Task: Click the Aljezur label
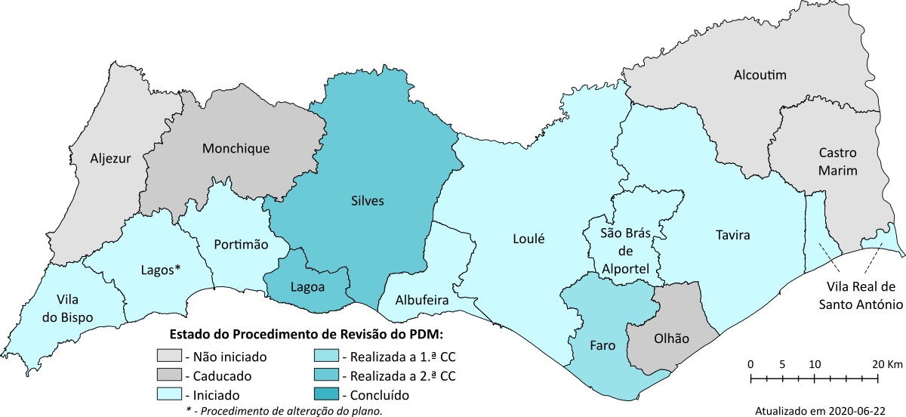point(110,159)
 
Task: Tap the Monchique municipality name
point(236,149)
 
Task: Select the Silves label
point(368,201)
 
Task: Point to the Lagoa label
point(308,286)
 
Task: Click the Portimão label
point(241,244)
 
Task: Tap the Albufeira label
point(422,301)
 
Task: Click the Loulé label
point(528,239)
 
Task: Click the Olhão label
point(671,339)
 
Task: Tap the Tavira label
point(732,236)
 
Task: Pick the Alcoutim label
point(760,76)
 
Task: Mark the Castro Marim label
point(838,162)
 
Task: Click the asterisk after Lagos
point(178,267)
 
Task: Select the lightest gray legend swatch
point(169,355)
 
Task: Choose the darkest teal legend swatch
point(326,394)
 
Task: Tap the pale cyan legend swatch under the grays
point(169,394)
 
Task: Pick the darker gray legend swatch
point(169,374)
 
